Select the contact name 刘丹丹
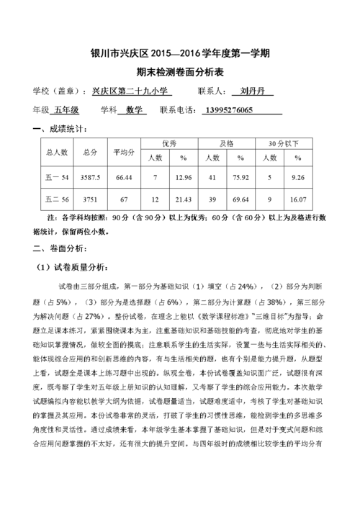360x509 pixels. [x=253, y=92]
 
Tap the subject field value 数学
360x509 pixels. [x=132, y=110]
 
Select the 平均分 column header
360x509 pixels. [x=123, y=152]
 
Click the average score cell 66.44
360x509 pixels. [x=123, y=178]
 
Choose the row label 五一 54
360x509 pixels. [x=57, y=178]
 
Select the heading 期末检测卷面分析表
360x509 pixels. [x=180, y=73]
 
